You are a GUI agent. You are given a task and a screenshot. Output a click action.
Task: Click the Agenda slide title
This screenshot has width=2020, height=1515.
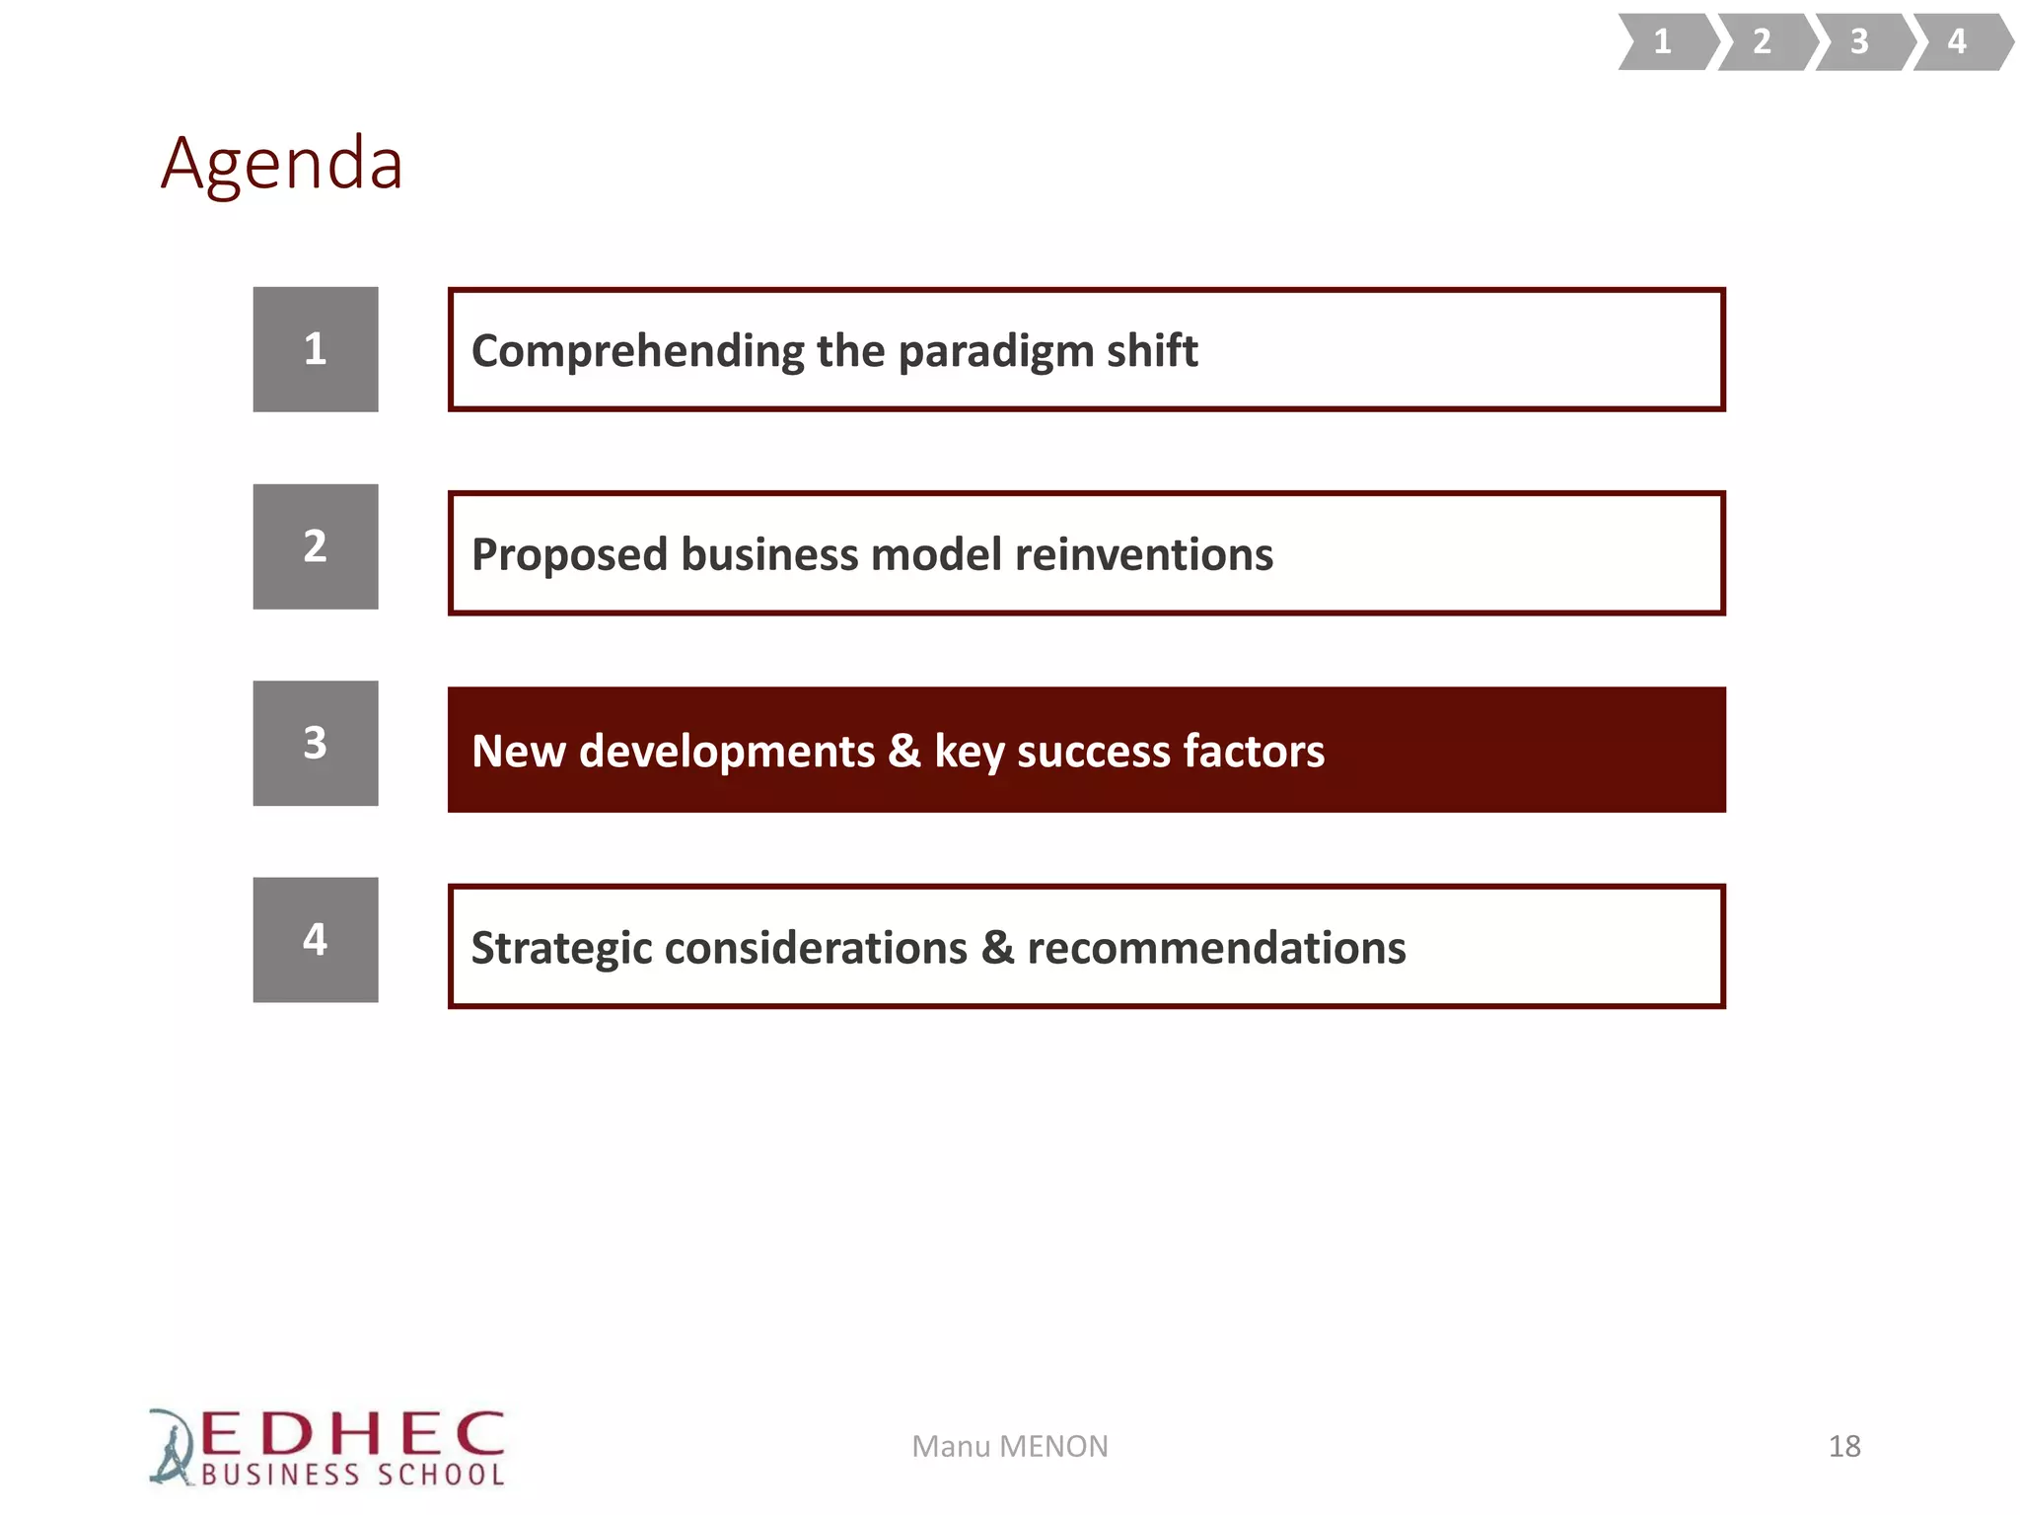pyautogui.click(x=282, y=164)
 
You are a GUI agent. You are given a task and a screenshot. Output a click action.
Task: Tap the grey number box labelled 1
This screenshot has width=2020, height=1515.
pyautogui.click(x=316, y=349)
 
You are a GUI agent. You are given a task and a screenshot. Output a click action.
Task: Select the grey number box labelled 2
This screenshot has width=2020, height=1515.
pyautogui.click(x=316, y=546)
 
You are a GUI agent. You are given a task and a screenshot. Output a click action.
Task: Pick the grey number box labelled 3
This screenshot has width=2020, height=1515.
pyautogui.click(x=316, y=743)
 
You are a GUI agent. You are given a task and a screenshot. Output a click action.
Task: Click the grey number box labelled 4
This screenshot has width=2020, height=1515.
pyautogui.click(x=316, y=940)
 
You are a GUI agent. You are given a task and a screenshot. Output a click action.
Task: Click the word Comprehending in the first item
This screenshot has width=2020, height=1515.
pyautogui.click(x=637, y=352)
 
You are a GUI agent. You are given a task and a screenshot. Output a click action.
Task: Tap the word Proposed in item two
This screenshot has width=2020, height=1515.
pyautogui.click(x=569, y=555)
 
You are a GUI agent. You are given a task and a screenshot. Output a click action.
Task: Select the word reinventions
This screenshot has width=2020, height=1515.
pyautogui.click(x=1143, y=554)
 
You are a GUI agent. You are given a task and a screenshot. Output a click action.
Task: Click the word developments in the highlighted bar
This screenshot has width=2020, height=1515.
pyautogui.click(x=726, y=752)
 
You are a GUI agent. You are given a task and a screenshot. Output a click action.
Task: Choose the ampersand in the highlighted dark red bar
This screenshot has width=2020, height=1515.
pyautogui.click(x=903, y=751)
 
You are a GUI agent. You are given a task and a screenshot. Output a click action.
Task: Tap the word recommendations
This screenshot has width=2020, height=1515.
pyautogui.click(x=1216, y=949)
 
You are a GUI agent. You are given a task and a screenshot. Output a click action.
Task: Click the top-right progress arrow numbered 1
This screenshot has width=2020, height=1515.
pyautogui.click(x=1664, y=41)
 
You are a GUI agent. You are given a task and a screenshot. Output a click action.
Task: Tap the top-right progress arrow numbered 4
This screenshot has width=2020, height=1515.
pyautogui.click(x=1958, y=41)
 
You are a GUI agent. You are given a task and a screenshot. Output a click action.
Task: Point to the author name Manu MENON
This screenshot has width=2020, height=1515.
pyautogui.click(x=1009, y=1447)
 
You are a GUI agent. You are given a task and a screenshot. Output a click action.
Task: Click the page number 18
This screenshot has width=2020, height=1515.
pyautogui.click(x=1843, y=1447)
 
